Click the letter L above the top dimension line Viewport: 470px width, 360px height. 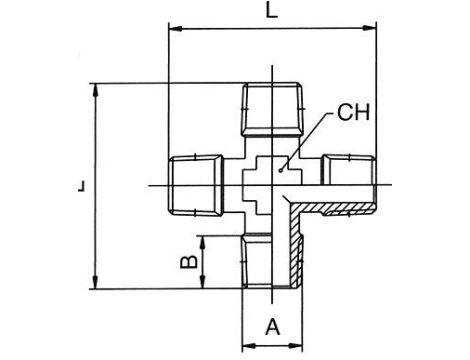(271, 11)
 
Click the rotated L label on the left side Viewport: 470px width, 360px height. (82, 186)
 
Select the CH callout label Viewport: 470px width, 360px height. (353, 112)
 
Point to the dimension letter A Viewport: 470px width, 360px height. (273, 327)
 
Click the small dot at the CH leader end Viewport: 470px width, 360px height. (281, 170)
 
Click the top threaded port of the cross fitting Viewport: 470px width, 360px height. (273, 109)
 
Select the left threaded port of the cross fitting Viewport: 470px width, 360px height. (196, 186)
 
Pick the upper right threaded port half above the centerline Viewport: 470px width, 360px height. (348, 170)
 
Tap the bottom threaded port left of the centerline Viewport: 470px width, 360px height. (257, 261)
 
